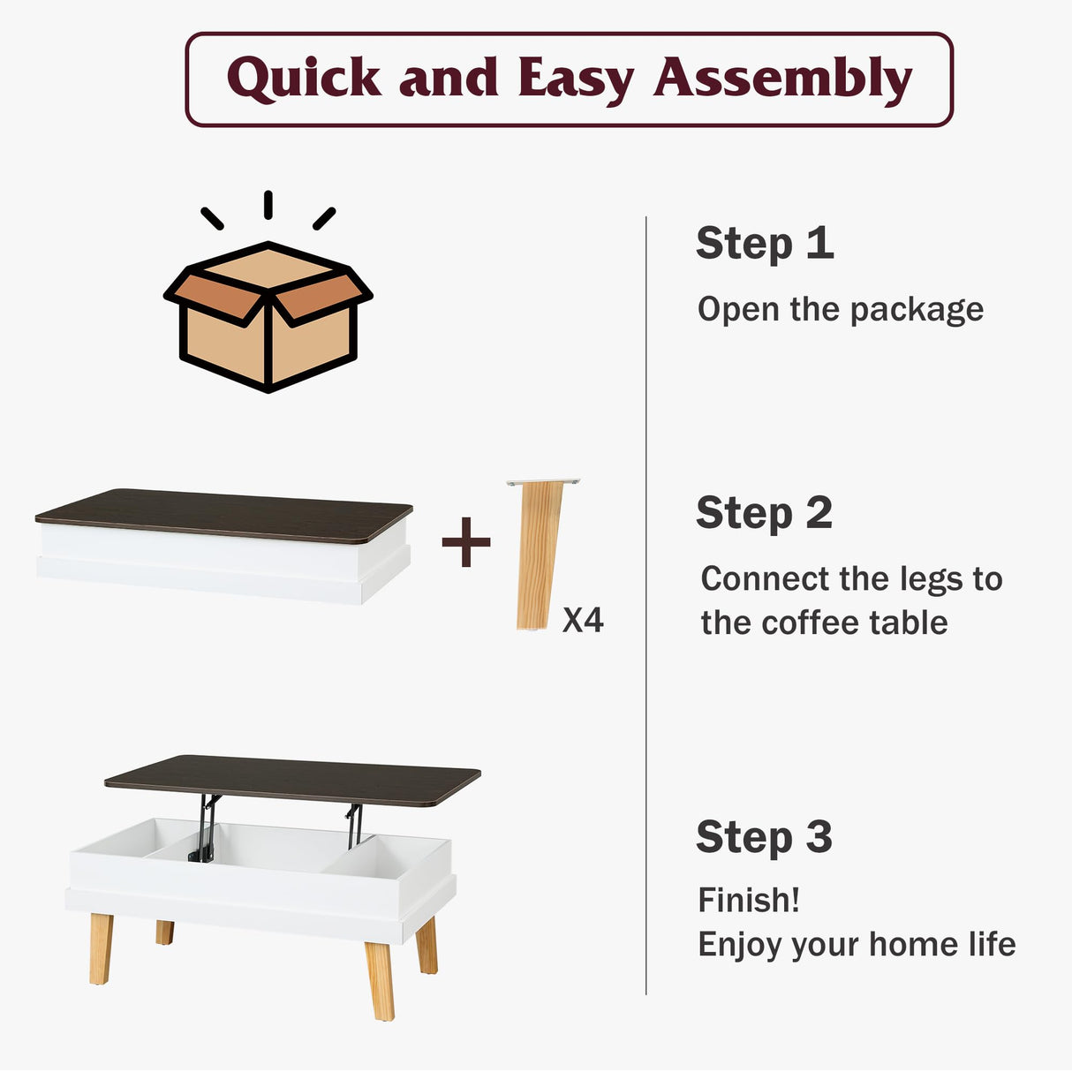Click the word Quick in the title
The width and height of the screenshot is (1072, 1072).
coord(304,78)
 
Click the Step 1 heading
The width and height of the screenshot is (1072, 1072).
coord(765,243)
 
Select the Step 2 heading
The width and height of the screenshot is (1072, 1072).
coord(765,513)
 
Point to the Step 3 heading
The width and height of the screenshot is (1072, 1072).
coord(765,837)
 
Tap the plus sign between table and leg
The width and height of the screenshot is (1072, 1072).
coord(466,542)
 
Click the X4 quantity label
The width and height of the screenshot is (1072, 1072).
coord(583,621)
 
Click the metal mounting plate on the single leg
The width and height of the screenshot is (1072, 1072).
coord(543,482)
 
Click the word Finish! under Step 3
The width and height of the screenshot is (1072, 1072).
coord(749,901)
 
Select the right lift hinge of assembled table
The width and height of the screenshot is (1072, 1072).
coord(354,823)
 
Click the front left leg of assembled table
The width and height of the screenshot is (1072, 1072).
coord(101,948)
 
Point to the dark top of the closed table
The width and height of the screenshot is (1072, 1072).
coord(224,515)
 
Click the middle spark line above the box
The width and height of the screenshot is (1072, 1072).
coord(268,204)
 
